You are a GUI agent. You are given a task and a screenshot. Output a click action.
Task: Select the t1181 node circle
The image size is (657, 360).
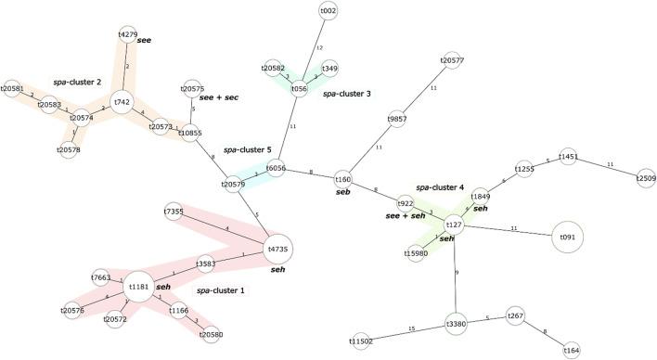click(140, 287)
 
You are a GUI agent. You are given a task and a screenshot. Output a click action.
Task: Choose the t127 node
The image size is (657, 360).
click(454, 225)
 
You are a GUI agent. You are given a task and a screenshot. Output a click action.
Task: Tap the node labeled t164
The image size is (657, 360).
click(572, 350)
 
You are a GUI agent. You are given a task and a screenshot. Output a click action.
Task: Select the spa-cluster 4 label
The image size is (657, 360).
click(440, 187)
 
